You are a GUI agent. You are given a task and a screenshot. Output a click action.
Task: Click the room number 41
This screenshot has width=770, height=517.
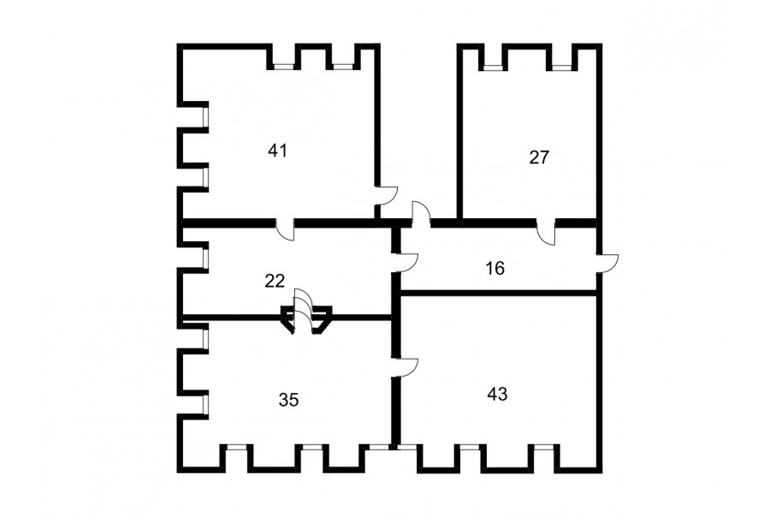[x=277, y=151]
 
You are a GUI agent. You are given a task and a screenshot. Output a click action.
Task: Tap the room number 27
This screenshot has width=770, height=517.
[x=539, y=157]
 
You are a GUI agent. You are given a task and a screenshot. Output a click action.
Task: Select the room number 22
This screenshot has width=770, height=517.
[x=275, y=281]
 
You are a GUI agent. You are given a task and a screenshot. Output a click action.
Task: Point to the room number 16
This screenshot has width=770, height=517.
[x=495, y=268]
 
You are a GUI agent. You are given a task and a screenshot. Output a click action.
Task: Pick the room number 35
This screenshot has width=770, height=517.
[x=289, y=400]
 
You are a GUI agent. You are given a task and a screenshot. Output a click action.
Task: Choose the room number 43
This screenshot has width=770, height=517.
[x=497, y=394]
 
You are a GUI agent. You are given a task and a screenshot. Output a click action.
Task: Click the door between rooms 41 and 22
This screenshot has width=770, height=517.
[x=285, y=230]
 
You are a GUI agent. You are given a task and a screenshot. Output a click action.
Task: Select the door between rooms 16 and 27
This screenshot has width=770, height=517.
[x=546, y=232]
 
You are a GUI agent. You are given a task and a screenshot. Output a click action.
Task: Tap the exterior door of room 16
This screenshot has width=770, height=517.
[x=608, y=264]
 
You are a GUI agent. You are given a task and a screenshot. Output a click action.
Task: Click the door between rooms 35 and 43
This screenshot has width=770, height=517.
[x=408, y=367]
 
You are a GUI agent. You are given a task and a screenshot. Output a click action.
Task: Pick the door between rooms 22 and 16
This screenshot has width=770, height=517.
[x=407, y=263]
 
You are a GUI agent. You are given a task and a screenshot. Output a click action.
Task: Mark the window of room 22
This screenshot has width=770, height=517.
[x=205, y=256]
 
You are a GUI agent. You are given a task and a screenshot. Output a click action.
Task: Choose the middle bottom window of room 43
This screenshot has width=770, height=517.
[x=470, y=448]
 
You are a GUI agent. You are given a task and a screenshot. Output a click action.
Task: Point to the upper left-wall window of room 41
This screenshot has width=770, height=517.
[x=205, y=116]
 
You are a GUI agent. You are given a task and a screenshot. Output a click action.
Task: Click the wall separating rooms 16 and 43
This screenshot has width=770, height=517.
[x=499, y=294]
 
